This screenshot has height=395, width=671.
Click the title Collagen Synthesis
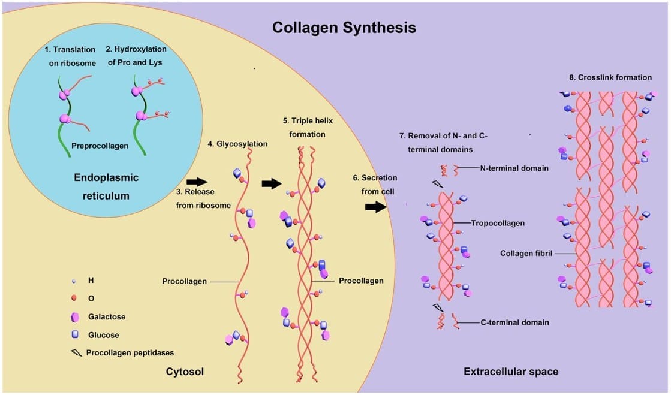point(344,28)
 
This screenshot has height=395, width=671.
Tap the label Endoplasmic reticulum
point(106,186)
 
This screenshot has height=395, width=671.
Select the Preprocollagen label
point(100,146)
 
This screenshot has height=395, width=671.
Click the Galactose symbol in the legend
point(75,316)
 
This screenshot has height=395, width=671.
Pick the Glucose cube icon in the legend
point(75,334)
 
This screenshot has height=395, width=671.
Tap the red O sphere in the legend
point(74,298)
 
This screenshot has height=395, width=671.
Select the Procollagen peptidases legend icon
point(76,353)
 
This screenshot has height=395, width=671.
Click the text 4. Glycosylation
point(237,144)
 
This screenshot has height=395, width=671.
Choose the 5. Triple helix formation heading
point(307,127)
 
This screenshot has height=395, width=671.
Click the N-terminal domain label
point(514,168)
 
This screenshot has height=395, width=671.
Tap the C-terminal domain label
point(514,322)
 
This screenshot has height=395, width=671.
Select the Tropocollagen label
point(498,223)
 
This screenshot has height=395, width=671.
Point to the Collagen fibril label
point(526,253)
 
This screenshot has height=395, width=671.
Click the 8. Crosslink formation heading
point(610,77)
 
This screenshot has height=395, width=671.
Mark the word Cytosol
point(185,372)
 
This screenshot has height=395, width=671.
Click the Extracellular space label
point(511,372)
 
